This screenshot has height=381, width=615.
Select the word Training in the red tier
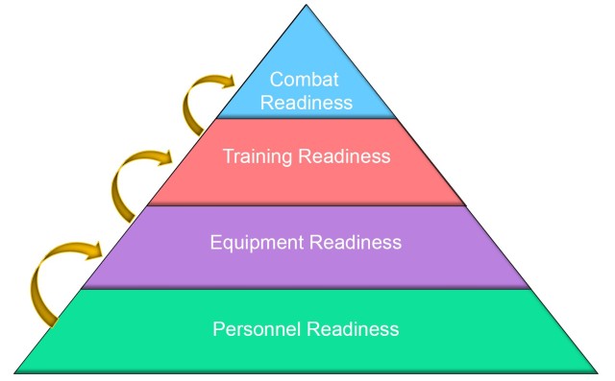(x=258, y=155)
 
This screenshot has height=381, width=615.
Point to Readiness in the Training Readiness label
(x=342, y=155)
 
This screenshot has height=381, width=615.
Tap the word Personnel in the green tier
(x=254, y=328)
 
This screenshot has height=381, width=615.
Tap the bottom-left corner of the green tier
(x=16, y=371)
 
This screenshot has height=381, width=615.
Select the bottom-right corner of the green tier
(x=599, y=371)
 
